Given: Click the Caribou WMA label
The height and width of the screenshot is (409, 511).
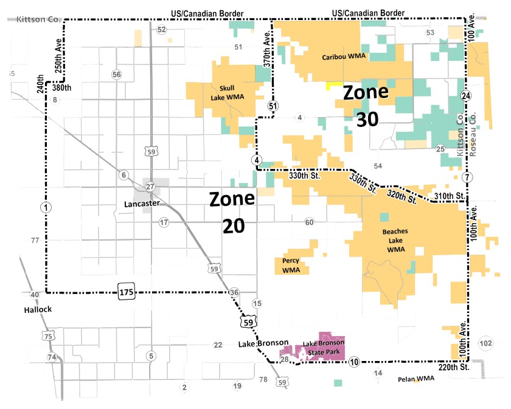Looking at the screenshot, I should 343,57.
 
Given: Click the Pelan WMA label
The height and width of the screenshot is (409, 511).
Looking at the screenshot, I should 416,379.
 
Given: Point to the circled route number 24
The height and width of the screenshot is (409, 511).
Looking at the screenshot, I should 466,96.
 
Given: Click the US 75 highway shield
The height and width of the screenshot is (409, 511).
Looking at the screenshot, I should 47,335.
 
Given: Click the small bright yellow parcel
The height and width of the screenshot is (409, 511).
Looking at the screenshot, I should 332,86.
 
